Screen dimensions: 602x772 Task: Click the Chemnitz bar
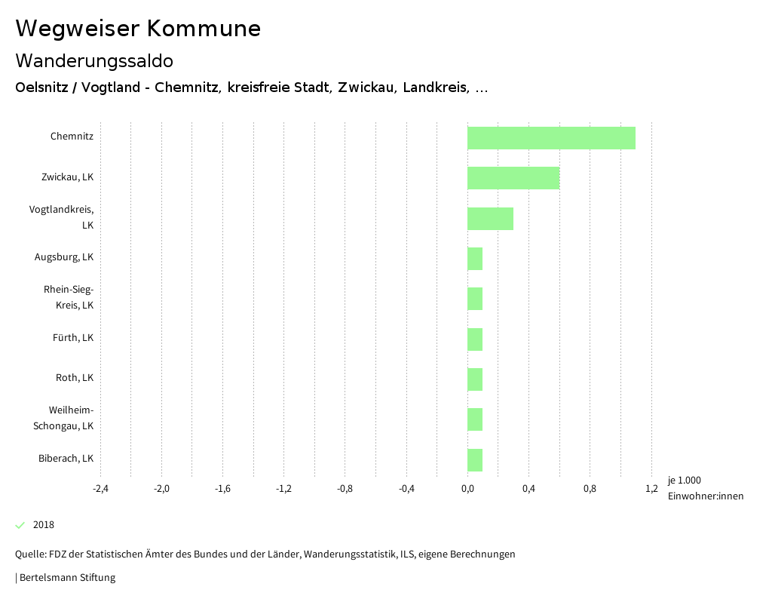(551, 138)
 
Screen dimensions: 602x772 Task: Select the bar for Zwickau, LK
(513, 178)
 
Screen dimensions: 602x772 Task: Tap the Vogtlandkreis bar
(490, 219)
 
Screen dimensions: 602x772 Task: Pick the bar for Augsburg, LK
(475, 259)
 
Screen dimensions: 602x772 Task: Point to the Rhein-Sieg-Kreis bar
(475, 299)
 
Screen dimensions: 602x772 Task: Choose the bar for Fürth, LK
(475, 339)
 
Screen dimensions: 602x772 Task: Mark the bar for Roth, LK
(475, 379)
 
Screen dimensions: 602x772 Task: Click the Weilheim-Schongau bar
(475, 419)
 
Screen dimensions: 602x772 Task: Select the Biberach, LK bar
(475, 460)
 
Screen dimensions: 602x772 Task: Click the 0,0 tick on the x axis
(467, 488)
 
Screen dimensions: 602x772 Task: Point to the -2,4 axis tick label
(100, 488)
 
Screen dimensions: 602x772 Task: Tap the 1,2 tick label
(651, 488)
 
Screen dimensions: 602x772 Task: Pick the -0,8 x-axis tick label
(345, 488)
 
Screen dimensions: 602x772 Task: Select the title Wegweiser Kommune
(138, 29)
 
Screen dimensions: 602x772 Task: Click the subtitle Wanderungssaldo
(94, 60)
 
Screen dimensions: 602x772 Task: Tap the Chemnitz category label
(72, 137)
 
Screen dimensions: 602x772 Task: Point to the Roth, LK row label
(75, 378)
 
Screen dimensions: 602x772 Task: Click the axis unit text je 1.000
(685, 481)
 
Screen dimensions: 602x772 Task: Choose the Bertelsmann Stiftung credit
(66, 578)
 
